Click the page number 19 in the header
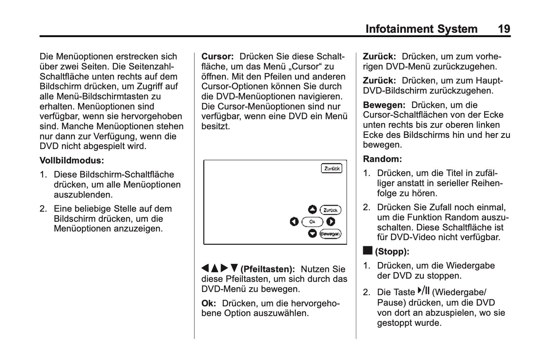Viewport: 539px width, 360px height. coord(504,29)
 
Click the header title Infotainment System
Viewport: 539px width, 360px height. coord(421,29)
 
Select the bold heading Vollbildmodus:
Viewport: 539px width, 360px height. coord(72,161)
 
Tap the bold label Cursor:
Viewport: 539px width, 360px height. coord(217,57)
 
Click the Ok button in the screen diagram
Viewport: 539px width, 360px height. coord(312,222)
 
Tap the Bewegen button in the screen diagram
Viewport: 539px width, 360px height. coord(330,234)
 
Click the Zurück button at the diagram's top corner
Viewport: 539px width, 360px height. coord(332,168)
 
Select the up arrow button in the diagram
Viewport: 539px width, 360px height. coord(312,210)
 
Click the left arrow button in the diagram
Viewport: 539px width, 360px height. coord(294,222)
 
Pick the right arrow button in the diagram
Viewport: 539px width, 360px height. coord(330,222)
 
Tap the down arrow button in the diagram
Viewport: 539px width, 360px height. coord(312,234)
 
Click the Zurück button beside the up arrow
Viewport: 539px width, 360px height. coord(330,210)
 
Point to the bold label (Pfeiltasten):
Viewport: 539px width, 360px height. coord(267,269)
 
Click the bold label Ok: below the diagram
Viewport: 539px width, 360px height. coord(209,303)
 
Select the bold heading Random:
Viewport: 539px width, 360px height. coord(382,159)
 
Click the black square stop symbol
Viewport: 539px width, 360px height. coord(367,250)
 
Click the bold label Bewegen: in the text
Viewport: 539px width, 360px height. coord(384,105)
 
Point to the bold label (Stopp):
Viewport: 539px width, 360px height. coord(392,252)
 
